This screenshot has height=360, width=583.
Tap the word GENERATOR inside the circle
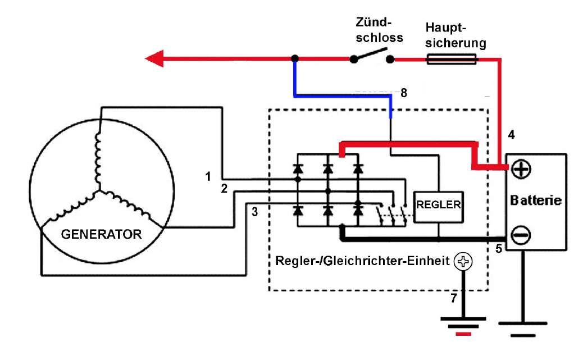101,234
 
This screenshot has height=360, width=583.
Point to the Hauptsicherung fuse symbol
452,58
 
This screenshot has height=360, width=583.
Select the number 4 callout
511,135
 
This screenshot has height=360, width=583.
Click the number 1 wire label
208,177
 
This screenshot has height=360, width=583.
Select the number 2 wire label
224,189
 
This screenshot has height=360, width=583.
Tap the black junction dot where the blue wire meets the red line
294,58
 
